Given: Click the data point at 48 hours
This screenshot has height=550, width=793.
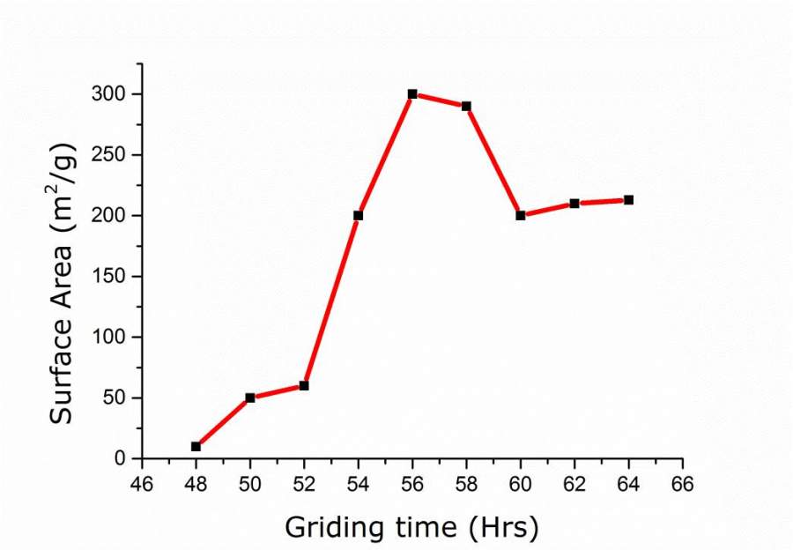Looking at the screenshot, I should pos(196,446).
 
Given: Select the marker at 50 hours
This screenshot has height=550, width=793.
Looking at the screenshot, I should pos(250,398).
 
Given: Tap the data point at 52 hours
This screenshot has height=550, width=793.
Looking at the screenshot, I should pos(304,385).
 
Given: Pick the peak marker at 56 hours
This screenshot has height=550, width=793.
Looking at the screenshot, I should pos(412,93).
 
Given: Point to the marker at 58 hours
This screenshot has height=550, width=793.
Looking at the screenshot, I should pos(466,106).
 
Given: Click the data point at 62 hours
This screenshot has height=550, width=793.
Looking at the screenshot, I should pos(574,203).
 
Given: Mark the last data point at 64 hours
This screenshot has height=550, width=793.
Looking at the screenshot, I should pos(628,200).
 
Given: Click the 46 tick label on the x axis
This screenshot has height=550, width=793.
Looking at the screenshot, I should pos(142,484).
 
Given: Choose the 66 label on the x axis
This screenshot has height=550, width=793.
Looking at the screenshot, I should pos(683,484).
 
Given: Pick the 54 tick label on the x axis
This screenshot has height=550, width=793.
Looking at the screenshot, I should pos(358,484).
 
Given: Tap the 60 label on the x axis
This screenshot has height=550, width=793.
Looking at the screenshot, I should pos(521,484).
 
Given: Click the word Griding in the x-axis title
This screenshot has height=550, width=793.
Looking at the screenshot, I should pos(331,528).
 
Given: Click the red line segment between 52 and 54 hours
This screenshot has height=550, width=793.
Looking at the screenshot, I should pos(331,300).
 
